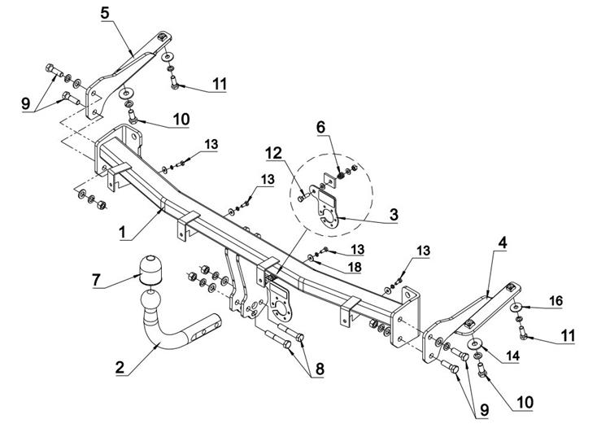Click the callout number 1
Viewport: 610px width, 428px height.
(x=123, y=232)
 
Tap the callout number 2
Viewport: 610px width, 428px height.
(x=120, y=367)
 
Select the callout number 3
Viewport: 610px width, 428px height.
(x=394, y=214)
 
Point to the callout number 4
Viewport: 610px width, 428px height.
(x=503, y=242)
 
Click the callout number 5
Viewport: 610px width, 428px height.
(x=105, y=13)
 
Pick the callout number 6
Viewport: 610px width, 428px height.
(x=320, y=127)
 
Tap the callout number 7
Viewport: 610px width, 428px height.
(x=96, y=279)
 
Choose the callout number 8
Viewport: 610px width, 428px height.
(x=320, y=369)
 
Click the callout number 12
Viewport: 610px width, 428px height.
(x=274, y=154)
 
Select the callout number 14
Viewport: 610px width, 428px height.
(x=512, y=356)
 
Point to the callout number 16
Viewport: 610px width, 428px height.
(x=556, y=301)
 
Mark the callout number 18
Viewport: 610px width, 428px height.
(x=355, y=267)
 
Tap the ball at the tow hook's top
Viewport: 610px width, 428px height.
(x=150, y=301)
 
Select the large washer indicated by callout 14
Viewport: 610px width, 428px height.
(x=475, y=343)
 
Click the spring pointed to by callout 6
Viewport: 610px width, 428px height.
(x=341, y=174)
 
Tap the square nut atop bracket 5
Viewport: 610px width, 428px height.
(x=162, y=37)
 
